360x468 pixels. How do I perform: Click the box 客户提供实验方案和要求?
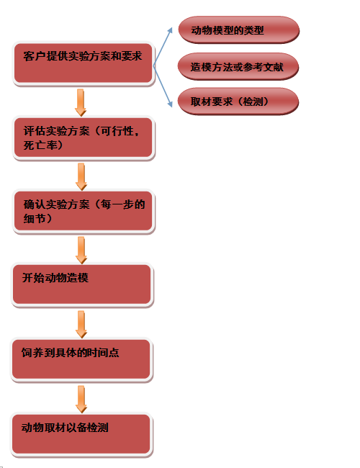click(x=84, y=63)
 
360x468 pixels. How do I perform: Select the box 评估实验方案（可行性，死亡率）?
click(x=84, y=138)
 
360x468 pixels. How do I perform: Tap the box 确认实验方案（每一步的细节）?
click(x=84, y=211)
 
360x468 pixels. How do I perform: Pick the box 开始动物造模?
click(x=82, y=284)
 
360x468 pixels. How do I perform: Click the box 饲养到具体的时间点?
click(x=81, y=359)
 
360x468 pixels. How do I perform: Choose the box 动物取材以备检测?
click(x=81, y=434)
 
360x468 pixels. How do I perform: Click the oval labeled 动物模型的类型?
click(x=238, y=30)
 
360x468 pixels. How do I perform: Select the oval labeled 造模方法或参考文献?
click(x=238, y=66)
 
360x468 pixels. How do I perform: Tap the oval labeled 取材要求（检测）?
click(x=238, y=102)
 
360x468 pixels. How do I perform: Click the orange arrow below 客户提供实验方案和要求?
click(x=81, y=102)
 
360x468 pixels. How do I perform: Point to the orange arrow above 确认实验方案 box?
click(x=81, y=176)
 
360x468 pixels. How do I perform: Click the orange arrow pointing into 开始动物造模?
click(x=81, y=250)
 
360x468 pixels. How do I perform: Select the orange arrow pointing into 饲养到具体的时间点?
click(x=81, y=325)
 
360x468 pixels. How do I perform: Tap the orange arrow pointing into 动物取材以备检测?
click(x=81, y=399)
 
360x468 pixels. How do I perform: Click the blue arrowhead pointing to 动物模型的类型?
click(x=171, y=30)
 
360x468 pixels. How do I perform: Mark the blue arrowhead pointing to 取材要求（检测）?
click(x=170, y=104)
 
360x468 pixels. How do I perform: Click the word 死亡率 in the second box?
click(x=40, y=145)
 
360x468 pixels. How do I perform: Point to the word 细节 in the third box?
click(x=35, y=219)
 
